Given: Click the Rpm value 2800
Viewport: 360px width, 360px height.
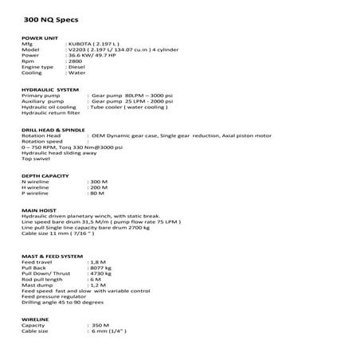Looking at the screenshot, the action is pyautogui.click(x=74, y=64).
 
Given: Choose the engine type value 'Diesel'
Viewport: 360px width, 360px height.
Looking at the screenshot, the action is pyautogui.click(x=76, y=70).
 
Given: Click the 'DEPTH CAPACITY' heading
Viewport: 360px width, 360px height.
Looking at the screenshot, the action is pyautogui.click(x=43, y=174).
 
